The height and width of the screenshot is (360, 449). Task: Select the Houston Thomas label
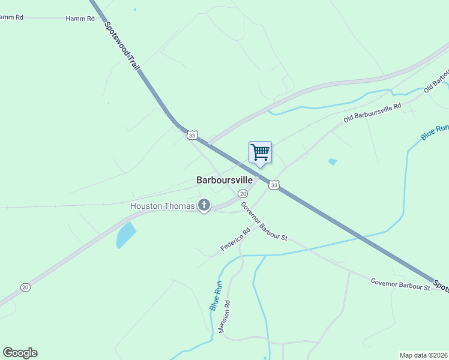point(163,206)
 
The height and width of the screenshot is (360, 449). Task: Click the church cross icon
point(204,206)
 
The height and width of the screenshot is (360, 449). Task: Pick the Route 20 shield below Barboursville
point(243,193)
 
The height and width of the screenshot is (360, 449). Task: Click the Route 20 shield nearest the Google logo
point(25,287)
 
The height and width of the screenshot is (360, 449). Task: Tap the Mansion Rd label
point(224,317)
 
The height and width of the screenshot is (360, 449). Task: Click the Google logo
point(20,353)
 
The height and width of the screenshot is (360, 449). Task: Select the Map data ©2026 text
point(423,355)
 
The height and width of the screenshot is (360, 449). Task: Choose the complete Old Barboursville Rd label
point(372,112)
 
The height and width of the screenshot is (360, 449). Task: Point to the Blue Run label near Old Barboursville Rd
point(435,132)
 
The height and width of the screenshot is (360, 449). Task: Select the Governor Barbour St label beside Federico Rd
point(264,221)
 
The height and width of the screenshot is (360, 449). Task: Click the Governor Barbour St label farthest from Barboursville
point(400,284)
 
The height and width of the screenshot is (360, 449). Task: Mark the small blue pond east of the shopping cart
point(333,161)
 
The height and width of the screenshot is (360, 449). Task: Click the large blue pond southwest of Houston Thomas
point(125,235)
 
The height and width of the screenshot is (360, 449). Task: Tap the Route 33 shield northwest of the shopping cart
point(192,136)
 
